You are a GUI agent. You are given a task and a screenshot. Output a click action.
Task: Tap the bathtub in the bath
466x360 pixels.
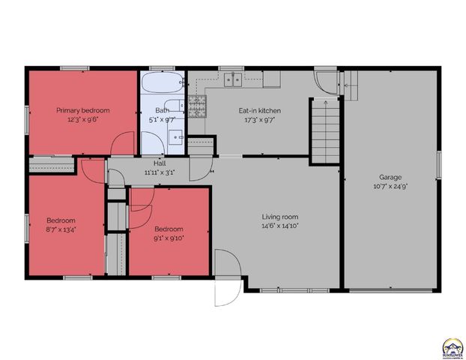coord(163,82)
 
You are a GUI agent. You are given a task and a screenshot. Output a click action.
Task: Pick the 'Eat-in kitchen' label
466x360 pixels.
coord(260,110)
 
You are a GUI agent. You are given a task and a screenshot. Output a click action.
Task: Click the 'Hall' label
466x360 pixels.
coord(159,163)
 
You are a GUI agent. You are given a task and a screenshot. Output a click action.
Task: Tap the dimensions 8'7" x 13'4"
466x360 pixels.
coord(60,229)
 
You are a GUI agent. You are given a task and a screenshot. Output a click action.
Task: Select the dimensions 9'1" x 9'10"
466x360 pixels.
coord(169,238)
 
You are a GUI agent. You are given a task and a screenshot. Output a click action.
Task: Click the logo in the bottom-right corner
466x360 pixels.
coord(452,347)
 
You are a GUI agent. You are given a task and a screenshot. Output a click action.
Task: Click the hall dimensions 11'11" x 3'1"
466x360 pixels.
coord(159,172)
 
